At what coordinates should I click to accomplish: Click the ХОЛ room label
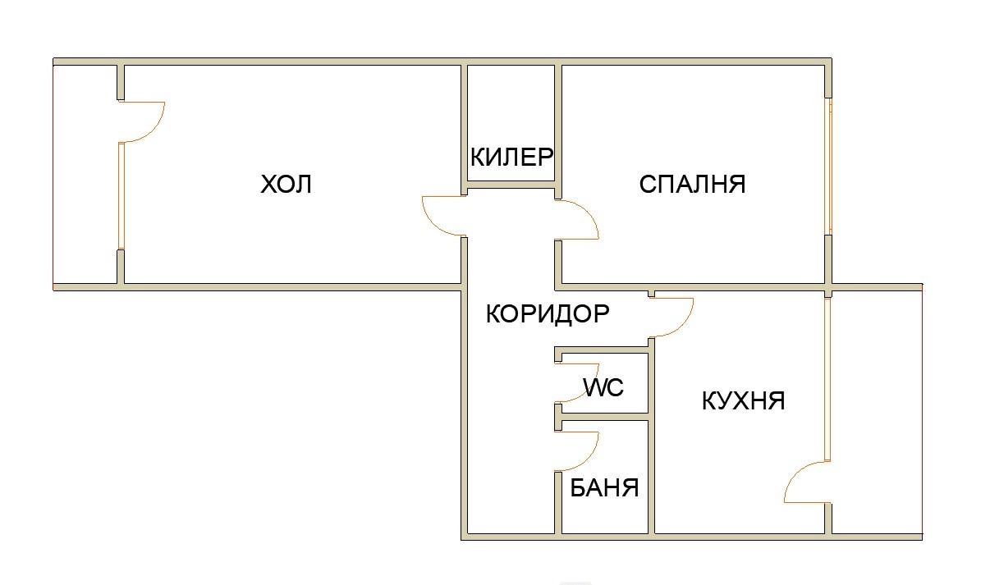(286, 184)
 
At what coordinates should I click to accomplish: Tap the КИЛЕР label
(511, 157)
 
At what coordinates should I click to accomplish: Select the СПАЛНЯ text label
(692, 184)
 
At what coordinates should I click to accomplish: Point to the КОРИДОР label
(548, 313)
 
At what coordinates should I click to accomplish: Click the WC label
(603, 386)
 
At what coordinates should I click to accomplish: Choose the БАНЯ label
(605, 488)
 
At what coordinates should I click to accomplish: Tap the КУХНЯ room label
(744, 401)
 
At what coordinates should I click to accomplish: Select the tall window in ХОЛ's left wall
(121, 195)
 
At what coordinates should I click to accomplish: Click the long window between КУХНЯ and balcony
(827, 377)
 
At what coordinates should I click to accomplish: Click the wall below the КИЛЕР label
(512, 185)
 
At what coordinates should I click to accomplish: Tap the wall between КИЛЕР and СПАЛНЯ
(558, 123)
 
